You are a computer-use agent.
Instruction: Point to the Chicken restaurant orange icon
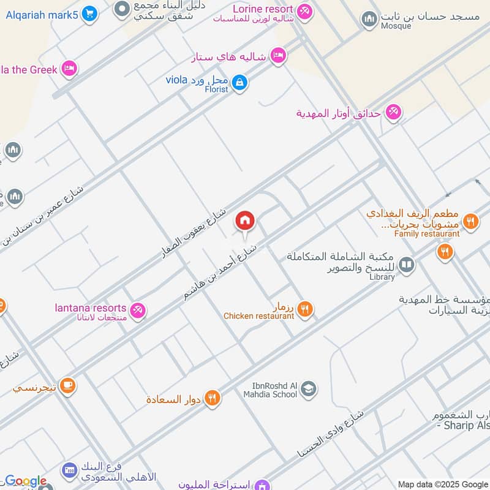(305, 309)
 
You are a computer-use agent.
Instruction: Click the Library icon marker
(406, 265)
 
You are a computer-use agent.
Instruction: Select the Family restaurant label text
(427, 234)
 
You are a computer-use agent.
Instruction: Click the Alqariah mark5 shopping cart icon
(89, 13)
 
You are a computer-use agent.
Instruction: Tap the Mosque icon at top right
(369, 20)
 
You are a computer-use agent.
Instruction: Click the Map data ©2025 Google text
(443, 484)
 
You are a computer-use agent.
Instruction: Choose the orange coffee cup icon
(67, 385)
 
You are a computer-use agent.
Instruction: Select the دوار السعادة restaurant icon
(212, 398)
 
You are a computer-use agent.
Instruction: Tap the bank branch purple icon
(69, 470)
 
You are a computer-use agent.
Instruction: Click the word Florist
(216, 89)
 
